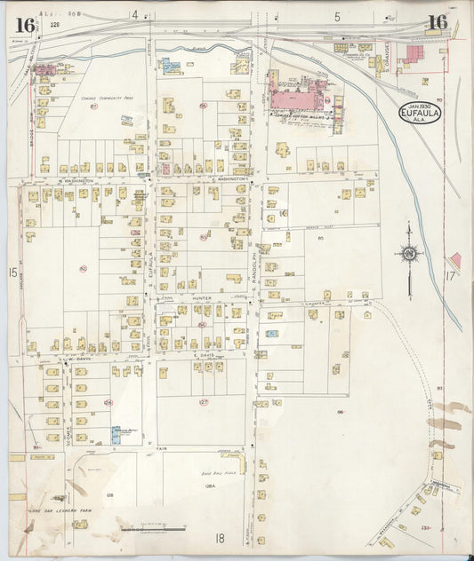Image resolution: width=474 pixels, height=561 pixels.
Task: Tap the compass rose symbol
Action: coord(409,254)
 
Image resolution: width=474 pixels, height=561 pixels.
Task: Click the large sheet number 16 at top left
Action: coord(25,24)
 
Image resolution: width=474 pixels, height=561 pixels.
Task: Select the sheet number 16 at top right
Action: coord(436,24)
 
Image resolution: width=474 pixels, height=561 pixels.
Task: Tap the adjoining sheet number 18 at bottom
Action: coord(219,537)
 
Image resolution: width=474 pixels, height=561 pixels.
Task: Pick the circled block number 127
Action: coord(203,402)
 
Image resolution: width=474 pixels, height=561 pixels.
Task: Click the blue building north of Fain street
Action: coord(116,435)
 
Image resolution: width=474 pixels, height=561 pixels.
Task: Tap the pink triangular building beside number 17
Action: coord(455,260)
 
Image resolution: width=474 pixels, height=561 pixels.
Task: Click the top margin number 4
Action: coord(135,15)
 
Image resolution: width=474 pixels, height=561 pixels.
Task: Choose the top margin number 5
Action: coord(337,16)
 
